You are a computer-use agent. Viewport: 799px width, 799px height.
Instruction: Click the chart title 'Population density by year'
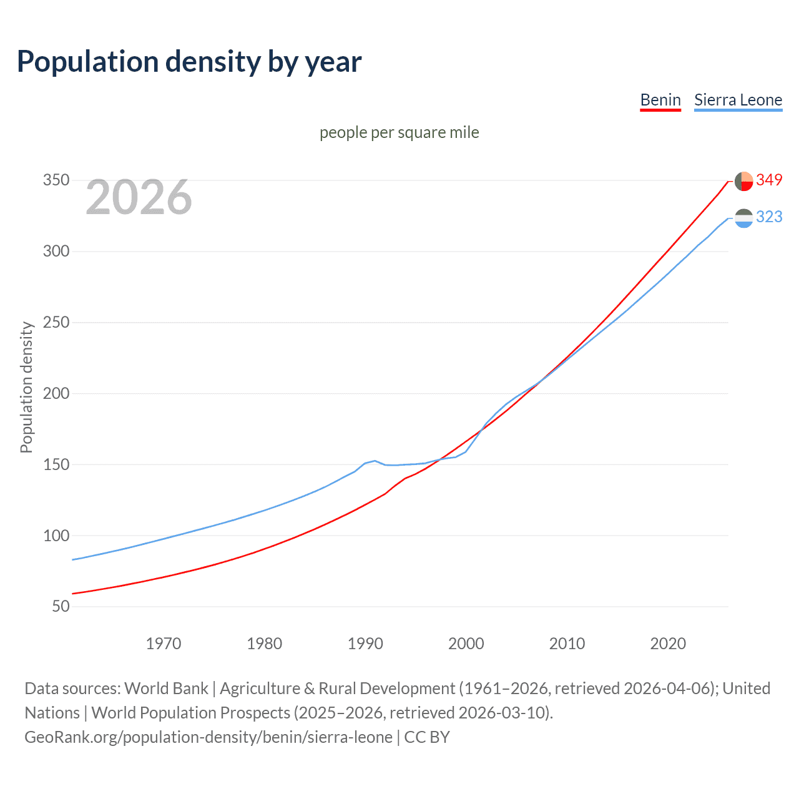tap(189, 62)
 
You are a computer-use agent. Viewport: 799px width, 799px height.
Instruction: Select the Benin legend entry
tap(660, 100)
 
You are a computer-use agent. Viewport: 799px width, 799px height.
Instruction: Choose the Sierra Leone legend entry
tap(738, 100)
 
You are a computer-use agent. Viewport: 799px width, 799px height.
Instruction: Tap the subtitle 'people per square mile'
tap(399, 132)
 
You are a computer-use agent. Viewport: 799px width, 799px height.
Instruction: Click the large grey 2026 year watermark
tap(139, 198)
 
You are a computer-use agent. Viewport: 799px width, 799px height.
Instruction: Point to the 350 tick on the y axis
tap(56, 180)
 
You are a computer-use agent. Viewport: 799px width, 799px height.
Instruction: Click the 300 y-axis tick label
tap(56, 252)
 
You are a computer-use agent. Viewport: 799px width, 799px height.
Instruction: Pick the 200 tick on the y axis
tap(56, 394)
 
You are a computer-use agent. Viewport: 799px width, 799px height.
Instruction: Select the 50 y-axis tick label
tap(61, 607)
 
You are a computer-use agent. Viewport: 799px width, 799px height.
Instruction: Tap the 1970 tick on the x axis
tap(164, 644)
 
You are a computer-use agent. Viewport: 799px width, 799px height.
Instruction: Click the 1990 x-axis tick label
tap(365, 644)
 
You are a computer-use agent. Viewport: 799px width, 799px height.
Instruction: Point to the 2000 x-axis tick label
tap(466, 644)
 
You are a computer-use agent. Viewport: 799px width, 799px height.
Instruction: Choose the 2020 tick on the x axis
tap(668, 644)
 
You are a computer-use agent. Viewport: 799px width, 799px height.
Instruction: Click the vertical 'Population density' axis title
tap(26, 387)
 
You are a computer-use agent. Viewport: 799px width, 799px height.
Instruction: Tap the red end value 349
tap(769, 180)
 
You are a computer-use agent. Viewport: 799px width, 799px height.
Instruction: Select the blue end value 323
tap(769, 217)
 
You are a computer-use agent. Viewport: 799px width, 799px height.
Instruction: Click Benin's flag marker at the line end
tap(743, 181)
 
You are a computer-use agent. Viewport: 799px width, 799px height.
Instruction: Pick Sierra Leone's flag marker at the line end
tap(743, 218)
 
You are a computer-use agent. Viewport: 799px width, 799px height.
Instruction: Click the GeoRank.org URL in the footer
tap(208, 737)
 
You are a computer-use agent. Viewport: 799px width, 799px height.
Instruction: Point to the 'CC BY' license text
tap(427, 737)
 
